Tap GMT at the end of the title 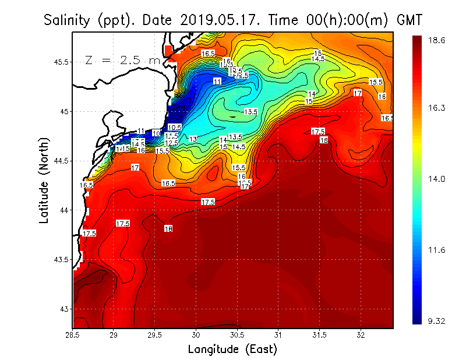tap(409, 20)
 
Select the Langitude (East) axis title tap(232, 350)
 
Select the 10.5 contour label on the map tap(174, 127)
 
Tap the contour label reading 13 tap(193, 139)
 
